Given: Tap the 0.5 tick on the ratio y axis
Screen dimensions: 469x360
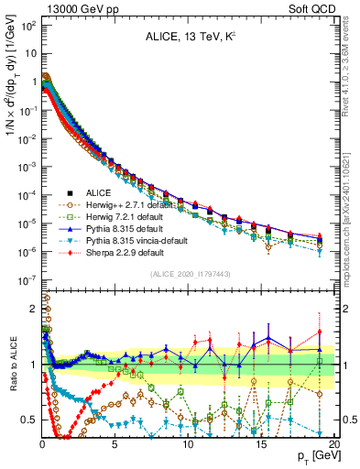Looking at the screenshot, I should [x=28, y=420].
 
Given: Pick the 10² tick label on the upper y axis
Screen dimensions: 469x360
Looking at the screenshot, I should [x=27, y=24].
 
